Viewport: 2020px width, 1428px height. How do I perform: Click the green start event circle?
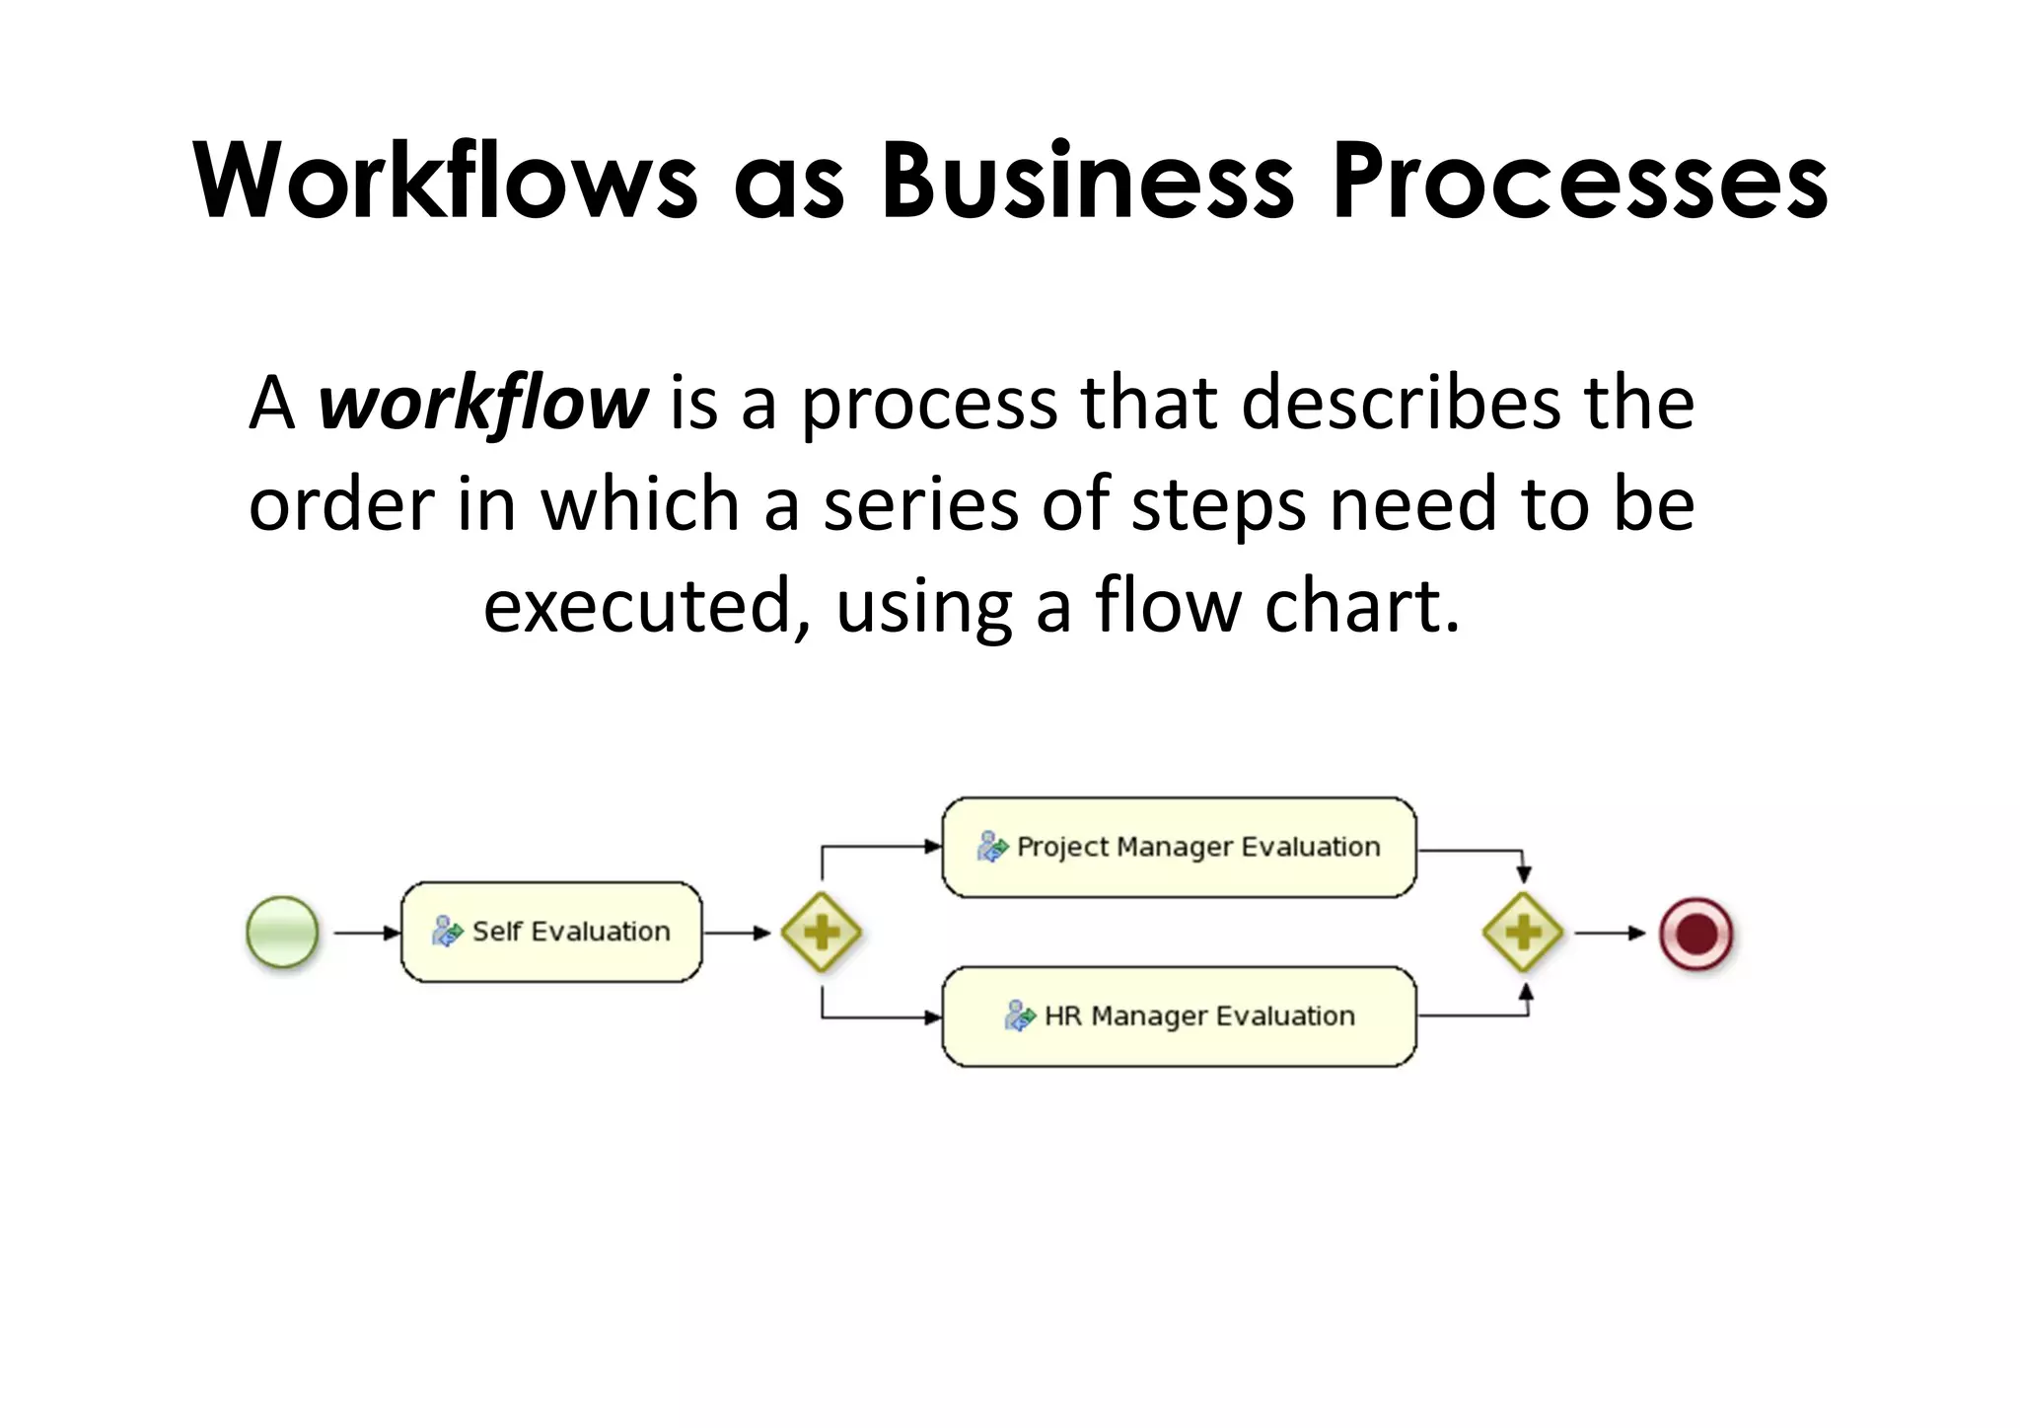tap(282, 932)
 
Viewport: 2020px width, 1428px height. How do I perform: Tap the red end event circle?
tap(1695, 933)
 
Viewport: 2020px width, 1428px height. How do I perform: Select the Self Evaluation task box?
tap(551, 932)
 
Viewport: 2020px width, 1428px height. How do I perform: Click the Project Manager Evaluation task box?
tap(1179, 847)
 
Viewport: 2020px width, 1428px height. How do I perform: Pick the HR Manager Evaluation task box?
tap(1179, 1015)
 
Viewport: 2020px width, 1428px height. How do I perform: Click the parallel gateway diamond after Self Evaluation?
tap(821, 932)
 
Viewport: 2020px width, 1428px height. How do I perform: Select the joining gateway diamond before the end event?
tap(1523, 932)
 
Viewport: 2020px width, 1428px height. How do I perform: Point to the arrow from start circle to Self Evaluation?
tap(366, 933)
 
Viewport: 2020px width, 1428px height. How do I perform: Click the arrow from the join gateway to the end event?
tap(1609, 933)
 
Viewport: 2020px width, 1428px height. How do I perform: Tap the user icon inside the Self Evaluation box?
tap(447, 931)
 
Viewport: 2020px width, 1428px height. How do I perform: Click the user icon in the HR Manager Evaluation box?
tap(1019, 1015)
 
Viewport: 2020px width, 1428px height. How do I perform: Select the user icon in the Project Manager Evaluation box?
tap(991, 847)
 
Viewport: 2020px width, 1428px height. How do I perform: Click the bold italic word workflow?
tap(482, 405)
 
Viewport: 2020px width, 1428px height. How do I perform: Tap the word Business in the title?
tap(1086, 182)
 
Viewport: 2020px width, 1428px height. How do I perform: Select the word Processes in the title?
tap(1579, 182)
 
